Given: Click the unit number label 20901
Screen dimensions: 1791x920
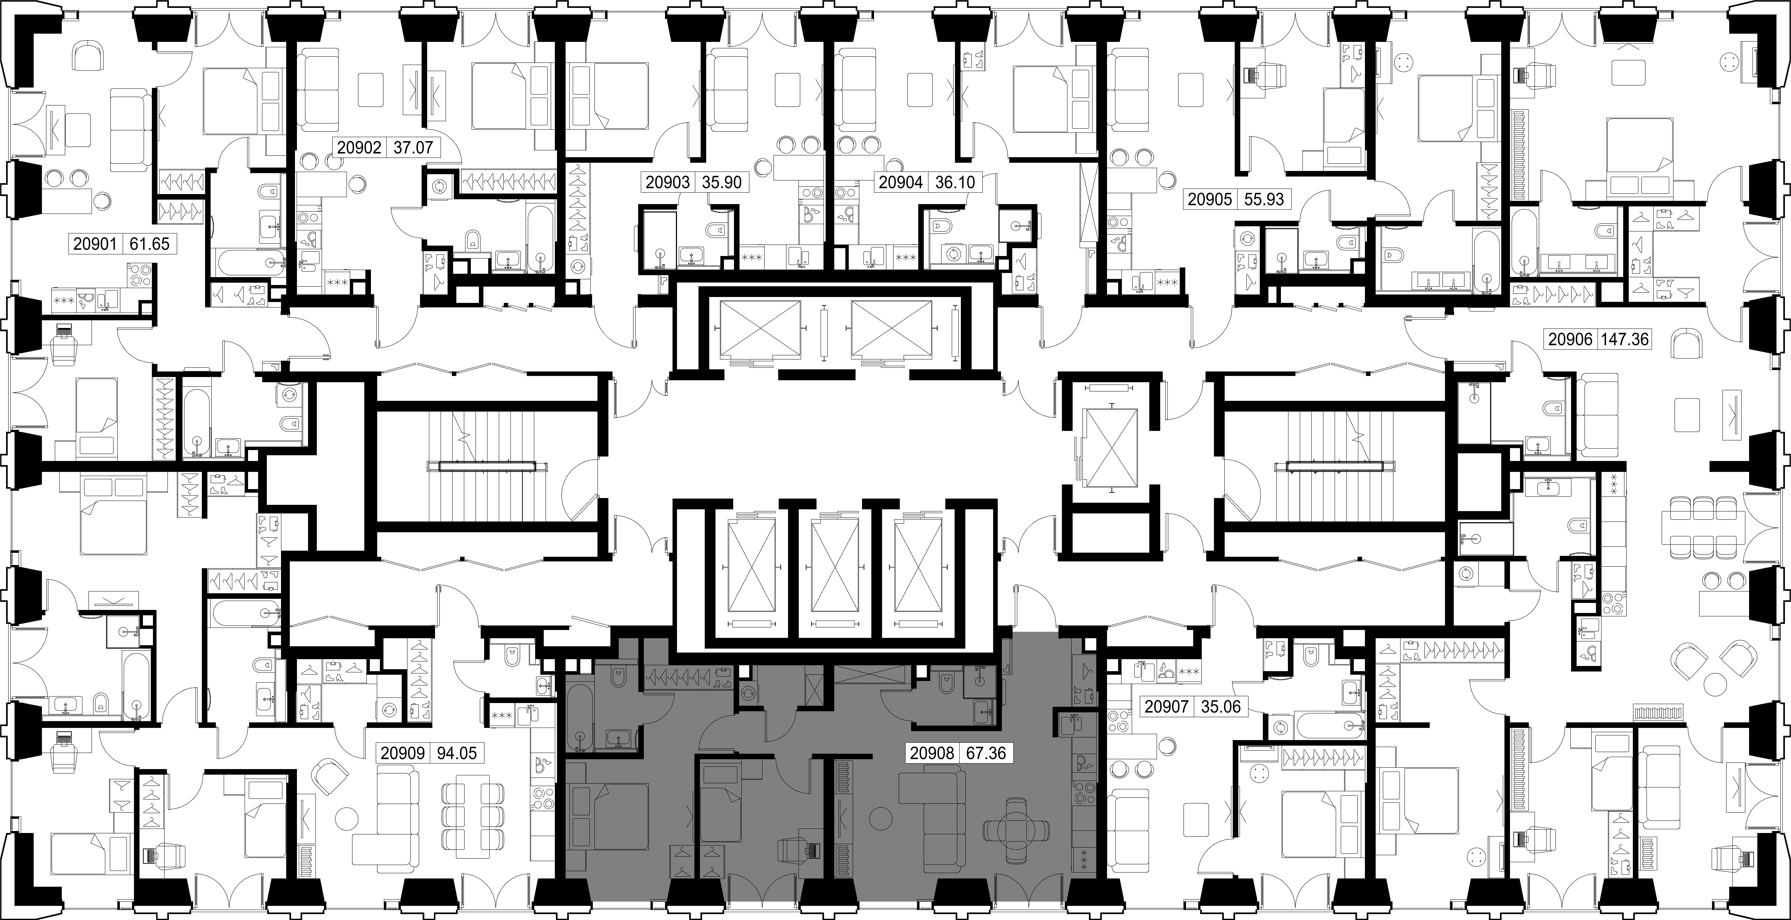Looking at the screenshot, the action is pyautogui.click(x=96, y=244).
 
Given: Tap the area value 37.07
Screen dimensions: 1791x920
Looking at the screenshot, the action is pyautogui.click(x=413, y=147).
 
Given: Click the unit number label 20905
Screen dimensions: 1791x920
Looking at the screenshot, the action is pyautogui.click(x=1210, y=199).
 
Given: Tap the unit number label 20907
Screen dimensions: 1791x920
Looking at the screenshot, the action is pyautogui.click(x=1167, y=707).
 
